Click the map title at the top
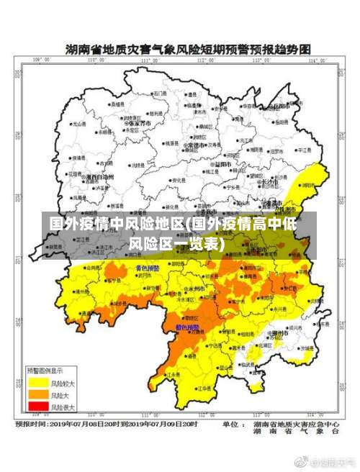coord(188,50)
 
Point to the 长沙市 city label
coord(269,182)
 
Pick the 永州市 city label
coord(194,289)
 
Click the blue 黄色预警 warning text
coord(148,268)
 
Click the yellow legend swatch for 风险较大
coord(37,383)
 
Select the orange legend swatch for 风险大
coord(37,394)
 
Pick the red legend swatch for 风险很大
coord(37,407)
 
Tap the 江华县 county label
coord(173,375)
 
